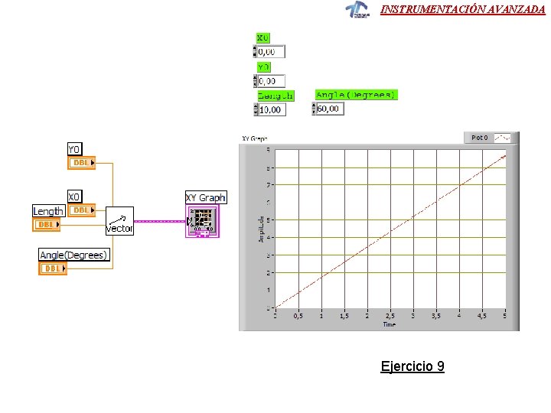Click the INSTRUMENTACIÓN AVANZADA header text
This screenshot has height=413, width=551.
coord(463,9)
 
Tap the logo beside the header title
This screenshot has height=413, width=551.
coord(357,9)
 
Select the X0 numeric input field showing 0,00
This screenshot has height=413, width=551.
coord(271,52)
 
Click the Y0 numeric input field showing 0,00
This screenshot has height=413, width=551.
coord(271,80)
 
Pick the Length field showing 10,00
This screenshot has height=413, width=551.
coord(271,109)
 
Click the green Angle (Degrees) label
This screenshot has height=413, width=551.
coord(356,95)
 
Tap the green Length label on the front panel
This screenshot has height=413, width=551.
coord(275,96)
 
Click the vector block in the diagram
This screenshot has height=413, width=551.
coord(119,221)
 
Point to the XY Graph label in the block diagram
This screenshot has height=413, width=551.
coord(206,197)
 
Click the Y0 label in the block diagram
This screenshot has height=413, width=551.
coord(75,149)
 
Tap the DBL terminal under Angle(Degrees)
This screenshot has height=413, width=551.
coord(53,268)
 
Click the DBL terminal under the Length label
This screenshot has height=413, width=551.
coord(47,225)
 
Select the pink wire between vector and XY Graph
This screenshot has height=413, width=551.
coord(160,221)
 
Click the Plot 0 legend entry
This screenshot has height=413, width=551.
coord(479,138)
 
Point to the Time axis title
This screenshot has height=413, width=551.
coord(390,324)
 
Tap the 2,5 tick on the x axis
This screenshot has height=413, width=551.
coord(390,315)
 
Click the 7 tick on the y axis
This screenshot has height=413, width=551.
coord(268,185)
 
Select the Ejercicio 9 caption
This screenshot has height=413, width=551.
coord(412,366)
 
